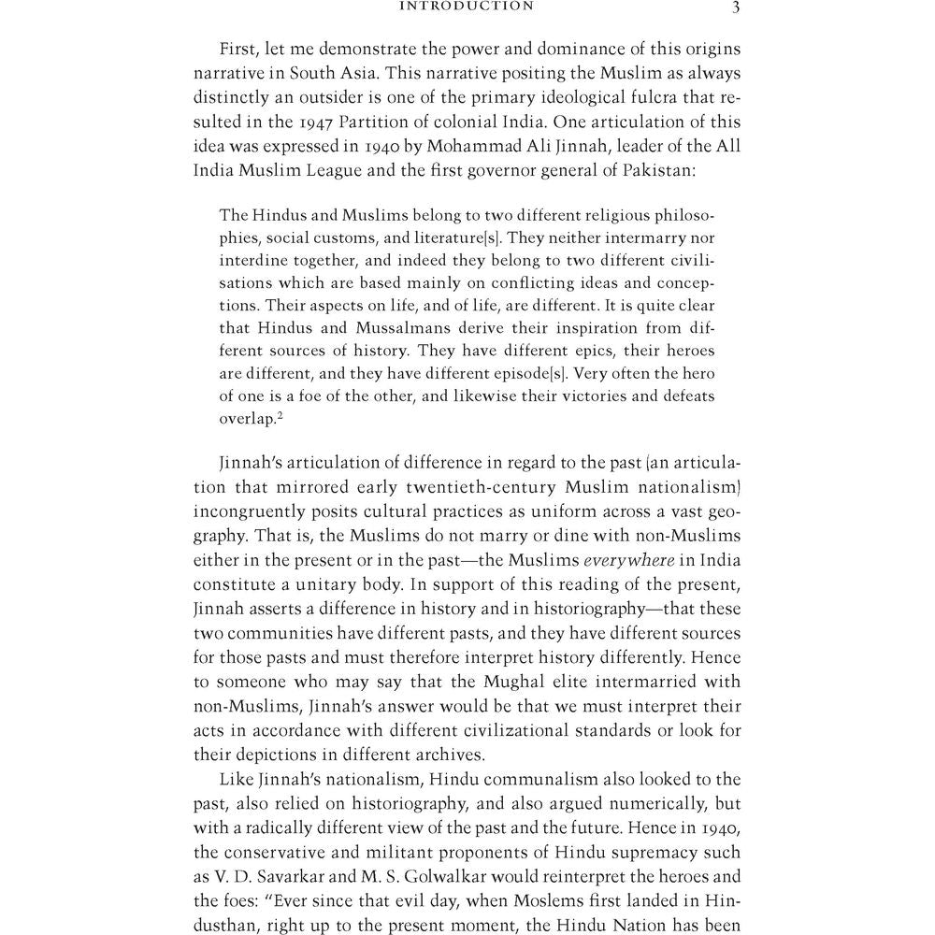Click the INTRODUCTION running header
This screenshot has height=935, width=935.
click(467, 7)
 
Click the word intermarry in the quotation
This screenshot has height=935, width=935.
click(638, 238)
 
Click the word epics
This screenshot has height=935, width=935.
click(598, 351)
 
